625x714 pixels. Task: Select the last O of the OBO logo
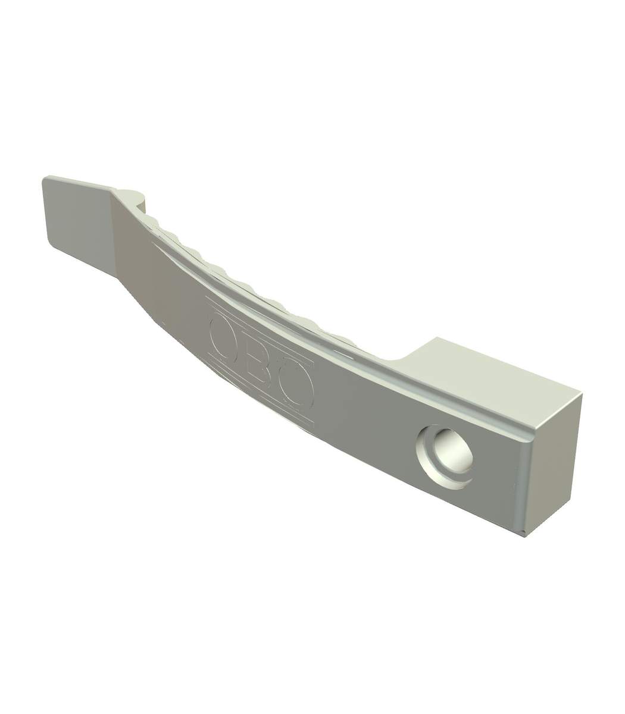(297, 386)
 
